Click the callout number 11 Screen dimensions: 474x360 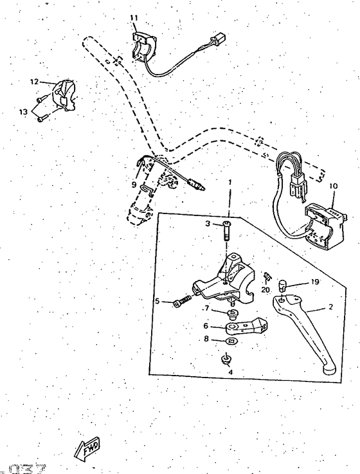click(x=134, y=17)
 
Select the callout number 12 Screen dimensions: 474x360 click(x=34, y=82)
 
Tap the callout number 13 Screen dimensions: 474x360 click(x=23, y=111)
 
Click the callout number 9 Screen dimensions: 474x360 click(x=134, y=185)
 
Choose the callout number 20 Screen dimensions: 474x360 click(x=265, y=290)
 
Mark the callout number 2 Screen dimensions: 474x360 click(x=330, y=307)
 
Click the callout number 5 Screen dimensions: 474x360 click(x=156, y=300)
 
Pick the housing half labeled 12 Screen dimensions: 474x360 click(x=64, y=94)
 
